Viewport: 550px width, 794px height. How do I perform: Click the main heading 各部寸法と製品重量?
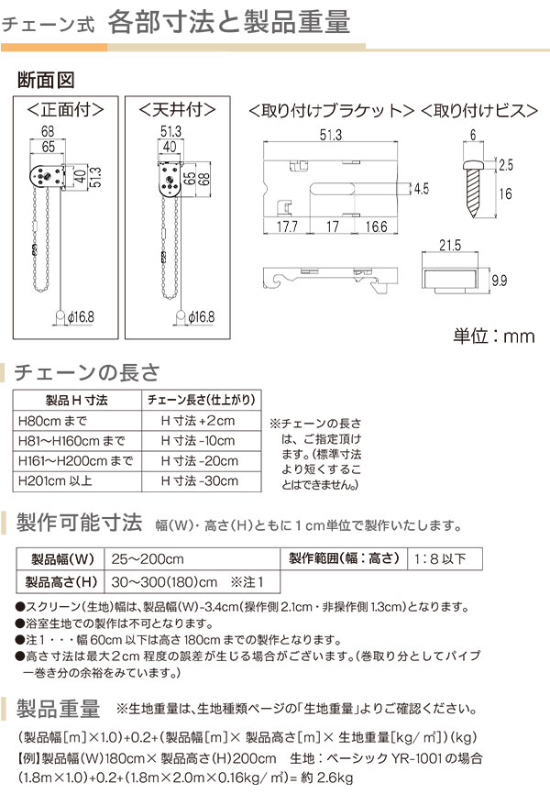[228, 23]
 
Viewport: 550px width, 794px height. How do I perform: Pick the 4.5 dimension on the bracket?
[421, 189]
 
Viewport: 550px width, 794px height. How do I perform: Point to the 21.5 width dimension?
[448, 248]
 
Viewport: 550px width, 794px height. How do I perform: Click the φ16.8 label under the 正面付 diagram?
[79, 317]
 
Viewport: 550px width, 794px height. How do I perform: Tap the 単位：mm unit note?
[491, 336]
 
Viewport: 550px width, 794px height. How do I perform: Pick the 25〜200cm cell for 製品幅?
[148, 558]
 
